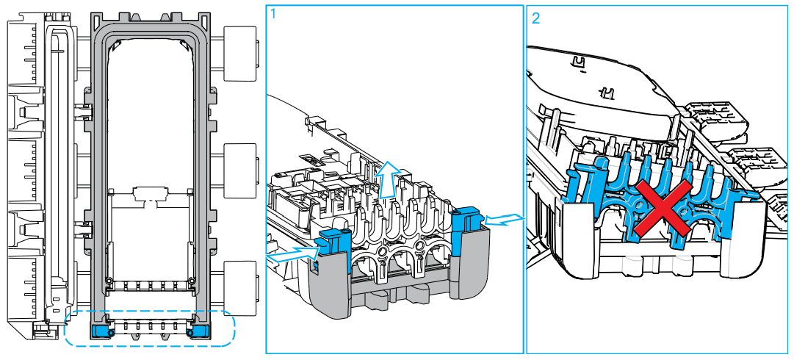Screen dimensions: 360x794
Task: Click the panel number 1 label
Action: (x=274, y=14)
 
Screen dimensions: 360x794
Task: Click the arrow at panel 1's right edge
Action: (x=506, y=219)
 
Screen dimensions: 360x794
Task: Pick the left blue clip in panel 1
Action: (x=331, y=241)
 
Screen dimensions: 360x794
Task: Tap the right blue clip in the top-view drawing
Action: (x=198, y=332)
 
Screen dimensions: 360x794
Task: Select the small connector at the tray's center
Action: (x=150, y=195)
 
